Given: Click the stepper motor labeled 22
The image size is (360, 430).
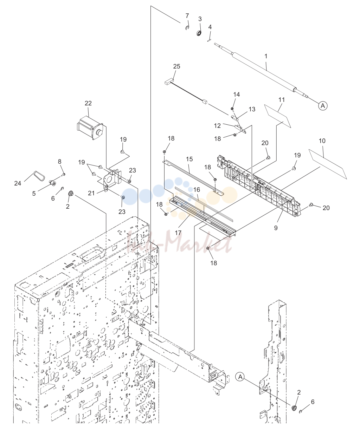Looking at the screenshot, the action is [x=90, y=128].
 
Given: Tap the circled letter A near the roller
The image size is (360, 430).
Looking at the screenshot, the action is [x=323, y=106].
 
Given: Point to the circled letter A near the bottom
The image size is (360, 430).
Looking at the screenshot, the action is [x=240, y=377].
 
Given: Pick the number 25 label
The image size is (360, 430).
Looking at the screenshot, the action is [x=176, y=66].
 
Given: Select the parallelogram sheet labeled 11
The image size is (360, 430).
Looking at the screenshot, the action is [x=278, y=116].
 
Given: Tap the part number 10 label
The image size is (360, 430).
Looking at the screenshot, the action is [x=322, y=141].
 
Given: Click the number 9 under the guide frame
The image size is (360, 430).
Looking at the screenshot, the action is [x=276, y=228].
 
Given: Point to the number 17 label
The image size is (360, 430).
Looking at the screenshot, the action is [x=178, y=233].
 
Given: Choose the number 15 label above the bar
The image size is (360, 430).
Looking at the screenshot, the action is [x=189, y=159].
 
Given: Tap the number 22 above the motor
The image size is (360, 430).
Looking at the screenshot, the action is [x=88, y=103].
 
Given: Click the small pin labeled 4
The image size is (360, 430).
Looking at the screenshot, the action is [x=209, y=39].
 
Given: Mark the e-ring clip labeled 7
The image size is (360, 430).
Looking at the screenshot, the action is [x=187, y=28].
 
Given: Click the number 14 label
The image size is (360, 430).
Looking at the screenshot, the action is [x=237, y=94].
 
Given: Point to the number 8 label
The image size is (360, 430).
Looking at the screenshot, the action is [x=59, y=162].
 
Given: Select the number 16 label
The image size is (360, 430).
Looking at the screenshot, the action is [x=197, y=189].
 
